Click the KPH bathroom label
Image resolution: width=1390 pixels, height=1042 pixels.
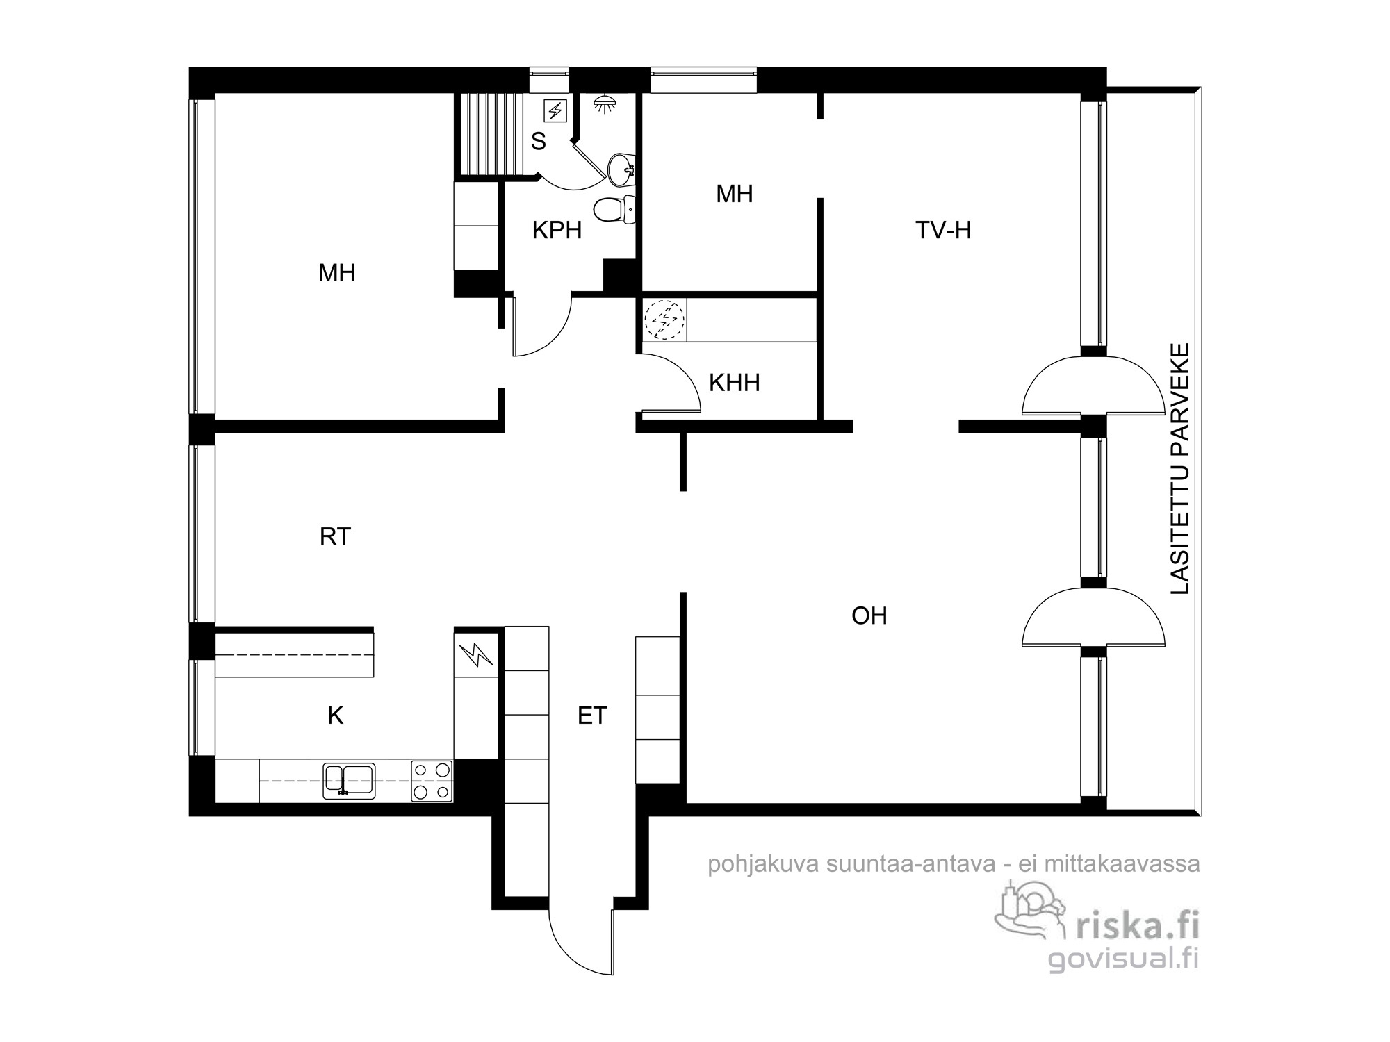[x=557, y=231]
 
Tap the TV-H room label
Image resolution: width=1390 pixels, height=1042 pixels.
[x=943, y=230]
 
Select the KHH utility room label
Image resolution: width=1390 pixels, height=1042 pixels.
[x=734, y=383]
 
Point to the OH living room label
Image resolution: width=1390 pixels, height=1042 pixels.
[x=869, y=615]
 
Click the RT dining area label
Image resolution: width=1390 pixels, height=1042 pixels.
[x=335, y=536]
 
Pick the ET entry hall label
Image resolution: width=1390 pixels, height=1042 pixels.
[x=592, y=716]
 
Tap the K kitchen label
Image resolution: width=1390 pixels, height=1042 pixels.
[x=335, y=716]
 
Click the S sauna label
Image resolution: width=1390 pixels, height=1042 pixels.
[x=539, y=142]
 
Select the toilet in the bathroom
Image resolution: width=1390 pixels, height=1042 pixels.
[x=615, y=209]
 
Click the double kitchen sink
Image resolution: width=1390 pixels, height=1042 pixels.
[x=349, y=781]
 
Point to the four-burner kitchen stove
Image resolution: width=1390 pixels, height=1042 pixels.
[x=432, y=781]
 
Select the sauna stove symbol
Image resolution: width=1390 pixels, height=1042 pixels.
[x=555, y=110]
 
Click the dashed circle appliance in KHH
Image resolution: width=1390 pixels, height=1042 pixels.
[x=664, y=320]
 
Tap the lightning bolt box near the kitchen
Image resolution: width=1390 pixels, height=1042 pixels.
[x=476, y=655]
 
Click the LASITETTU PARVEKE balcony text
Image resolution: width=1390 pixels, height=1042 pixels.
[x=1181, y=468]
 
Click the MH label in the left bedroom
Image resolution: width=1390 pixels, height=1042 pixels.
[x=337, y=273]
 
